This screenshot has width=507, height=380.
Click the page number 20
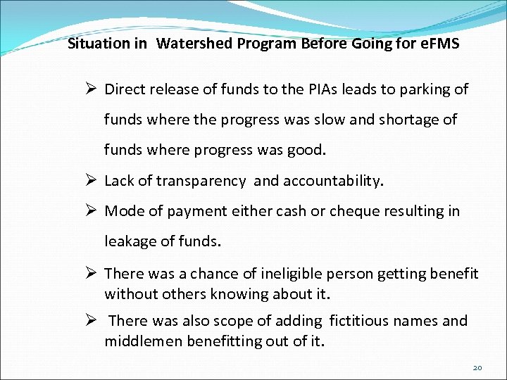477,368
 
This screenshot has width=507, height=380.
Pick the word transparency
201,181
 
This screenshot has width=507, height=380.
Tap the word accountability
333,181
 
